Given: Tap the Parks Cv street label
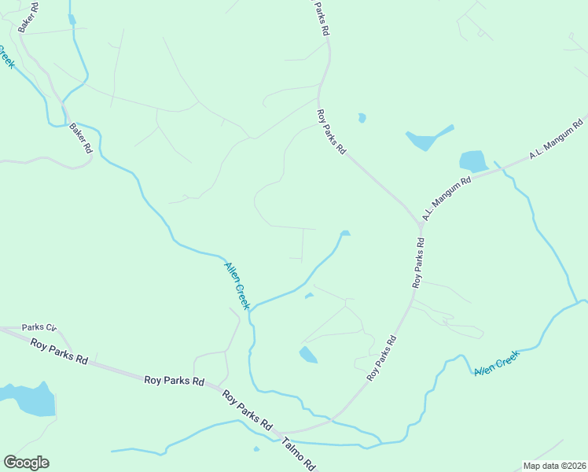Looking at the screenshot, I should tap(39, 327).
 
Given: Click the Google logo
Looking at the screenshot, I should tap(26, 463).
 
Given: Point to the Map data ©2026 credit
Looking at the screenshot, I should tap(553, 466).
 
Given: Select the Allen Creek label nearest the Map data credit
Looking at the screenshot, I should tap(496, 363).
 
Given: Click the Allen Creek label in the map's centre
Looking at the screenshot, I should tap(237, 286).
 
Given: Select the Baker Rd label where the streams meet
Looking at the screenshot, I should tap(80, 138).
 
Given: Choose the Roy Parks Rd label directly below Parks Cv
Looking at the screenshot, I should tap(59, 351).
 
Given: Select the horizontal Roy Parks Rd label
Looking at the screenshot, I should tap(174, 381).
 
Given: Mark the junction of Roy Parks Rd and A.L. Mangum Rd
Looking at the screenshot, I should tap(421, 224).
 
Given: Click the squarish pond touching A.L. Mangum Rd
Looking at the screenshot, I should tap(472, 160).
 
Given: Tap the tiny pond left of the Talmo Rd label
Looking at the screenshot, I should tap(256, 449).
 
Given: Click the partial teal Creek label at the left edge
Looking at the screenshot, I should tap(6, 57).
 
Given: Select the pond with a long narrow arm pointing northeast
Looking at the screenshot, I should tap(424, 139).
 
